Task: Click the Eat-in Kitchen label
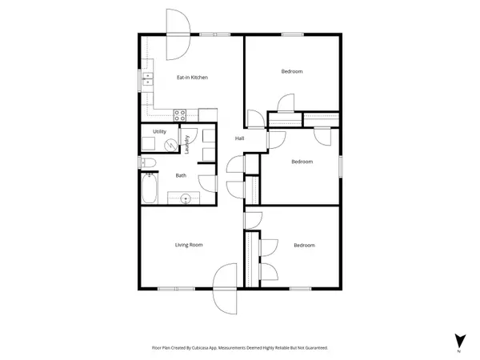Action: pyautogui.click(x=192, y=78)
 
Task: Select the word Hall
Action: pyautogui.click(x=239, y=139)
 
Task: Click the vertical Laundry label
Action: pyautogui.click(x=186, y=145)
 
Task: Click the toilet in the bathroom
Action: pyautogui.click(x=148, y=163)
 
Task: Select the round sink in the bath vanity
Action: pyautogui.click(x=185, y=197)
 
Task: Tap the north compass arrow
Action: pyautogui.click(x=459, y=339)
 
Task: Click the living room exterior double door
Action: pyautogui.click(x=226, y=289)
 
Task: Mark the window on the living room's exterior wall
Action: pyautogui.click(x=170, y=288)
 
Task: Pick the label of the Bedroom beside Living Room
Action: pyautogui.click(x=304, y=246)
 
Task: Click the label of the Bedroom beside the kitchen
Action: pyautogui.click(x=292, y=72)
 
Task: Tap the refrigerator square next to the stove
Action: pyautogui.click(x=207, y=114)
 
